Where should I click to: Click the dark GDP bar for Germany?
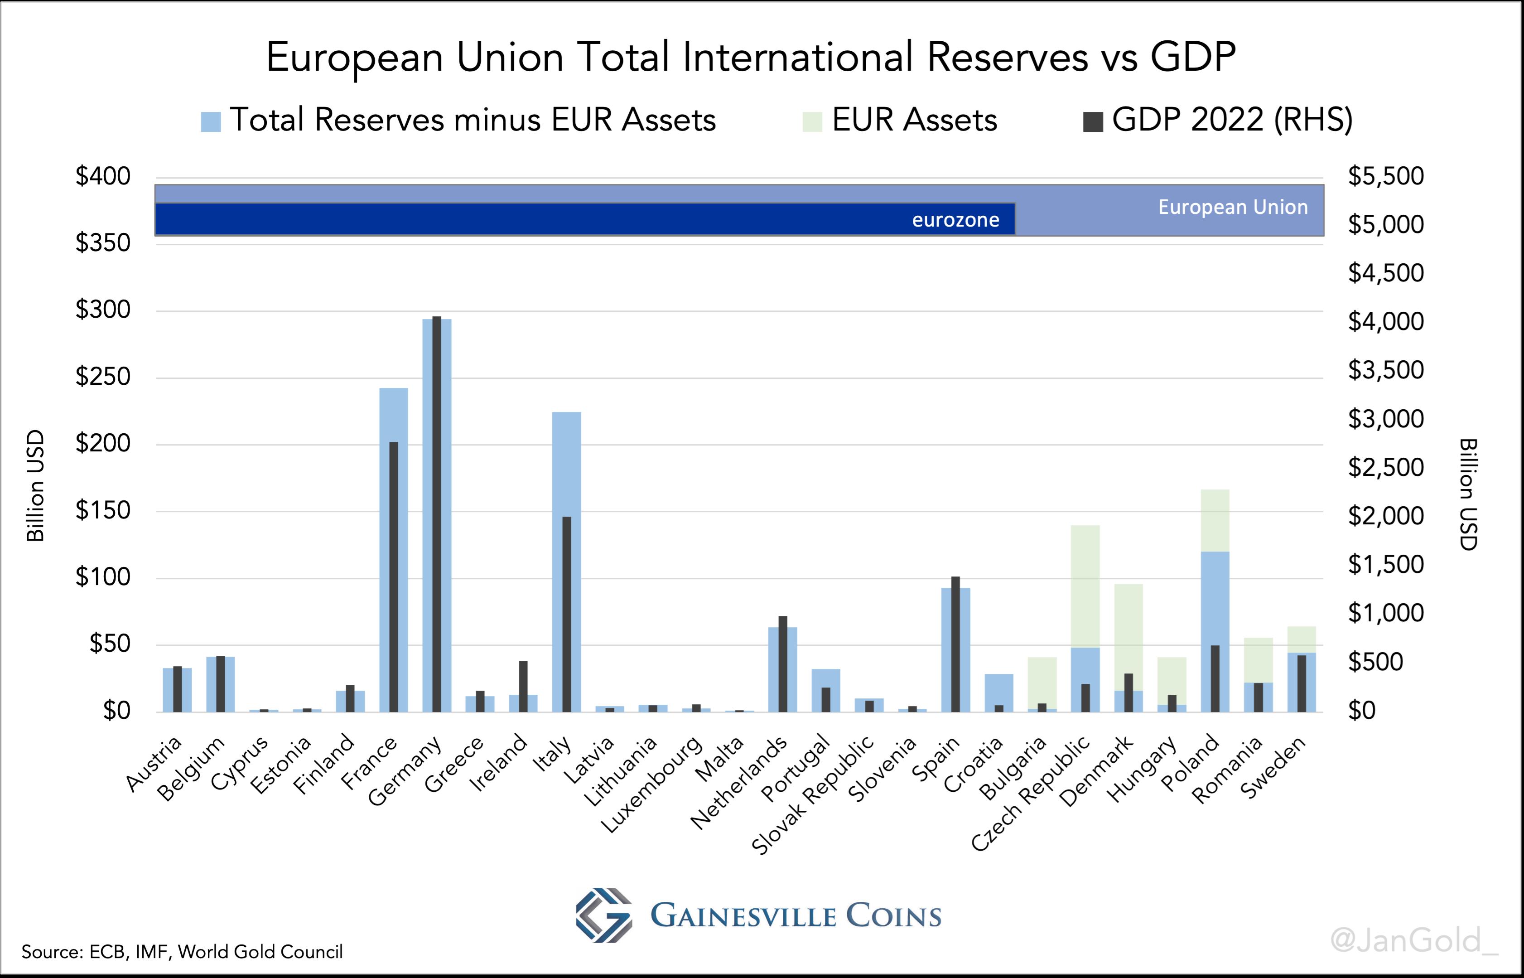[437, 514]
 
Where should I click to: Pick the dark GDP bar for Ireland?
[523, 686]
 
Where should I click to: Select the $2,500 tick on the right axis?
[1386, 467]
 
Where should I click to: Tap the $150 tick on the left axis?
[103, 510]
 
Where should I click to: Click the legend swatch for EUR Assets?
[812, 121]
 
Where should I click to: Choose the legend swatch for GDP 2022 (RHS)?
[1092, 121]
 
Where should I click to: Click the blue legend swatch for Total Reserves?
[211, 121]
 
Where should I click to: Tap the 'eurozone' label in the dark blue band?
[955, 220]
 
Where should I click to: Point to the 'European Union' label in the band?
[1233, 207]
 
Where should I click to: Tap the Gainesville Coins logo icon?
[603, 915]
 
